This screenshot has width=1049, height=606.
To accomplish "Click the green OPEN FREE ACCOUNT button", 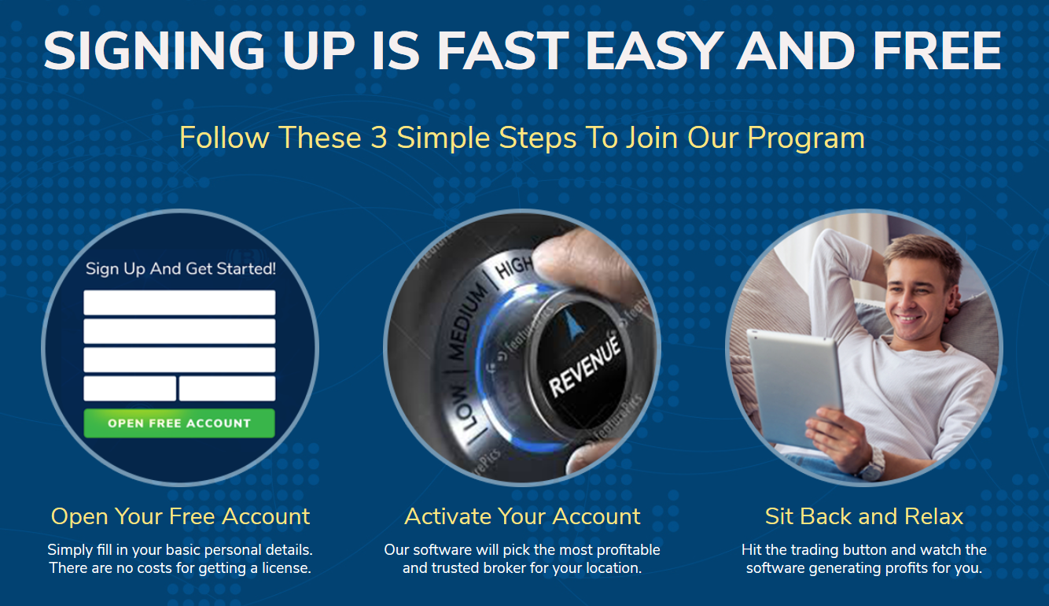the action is (x=179, y=423).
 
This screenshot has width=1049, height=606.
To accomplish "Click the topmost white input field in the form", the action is (x=179, y=303).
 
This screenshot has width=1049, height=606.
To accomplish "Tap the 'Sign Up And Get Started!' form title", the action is (x=181, y=269).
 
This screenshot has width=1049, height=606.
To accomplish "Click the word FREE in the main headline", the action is (x=937, y=50).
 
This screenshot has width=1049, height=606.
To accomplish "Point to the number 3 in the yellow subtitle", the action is (x=379, y=138).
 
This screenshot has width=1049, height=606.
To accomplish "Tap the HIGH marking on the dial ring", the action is (x=514, y=268).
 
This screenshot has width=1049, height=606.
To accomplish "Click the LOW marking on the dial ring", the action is (x=469, y=408).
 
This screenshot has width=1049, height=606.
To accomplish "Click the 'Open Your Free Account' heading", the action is (x=180, y=517).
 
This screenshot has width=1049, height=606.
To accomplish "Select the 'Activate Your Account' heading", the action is (x=522, y=516).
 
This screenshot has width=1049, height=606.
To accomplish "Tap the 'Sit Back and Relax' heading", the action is (x=864, y=516).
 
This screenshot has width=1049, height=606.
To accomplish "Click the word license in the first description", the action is (x=286, y=568).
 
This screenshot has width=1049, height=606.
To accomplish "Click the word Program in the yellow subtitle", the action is (x=806, y=139).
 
